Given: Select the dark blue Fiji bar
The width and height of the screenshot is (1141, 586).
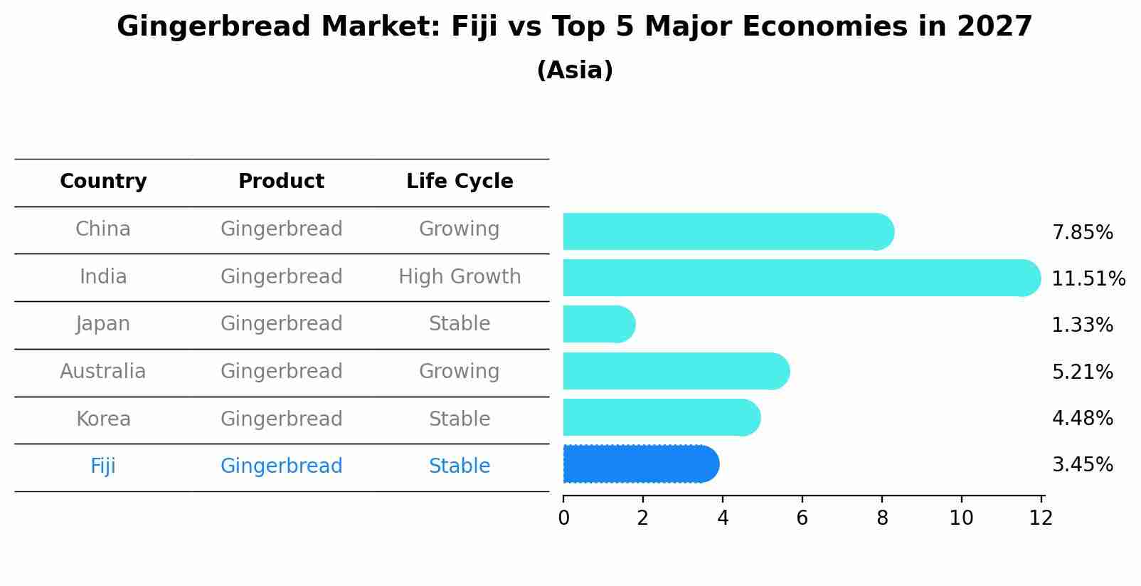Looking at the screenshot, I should tap(640, 464).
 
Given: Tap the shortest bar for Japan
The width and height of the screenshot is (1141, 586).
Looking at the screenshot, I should tap(598, 324).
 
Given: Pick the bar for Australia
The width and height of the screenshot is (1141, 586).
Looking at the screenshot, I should tap(676, 371).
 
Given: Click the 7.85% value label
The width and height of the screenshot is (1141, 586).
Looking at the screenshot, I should tap(1082, 233).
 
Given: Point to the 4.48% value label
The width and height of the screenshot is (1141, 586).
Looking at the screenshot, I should tap(1082, 418).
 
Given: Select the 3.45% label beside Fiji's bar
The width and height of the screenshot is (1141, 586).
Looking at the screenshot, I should tap(1082, 465).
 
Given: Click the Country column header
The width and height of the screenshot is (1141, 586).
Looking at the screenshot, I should tap(103, 182).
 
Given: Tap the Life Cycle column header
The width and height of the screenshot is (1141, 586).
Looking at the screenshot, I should tap(460, 182).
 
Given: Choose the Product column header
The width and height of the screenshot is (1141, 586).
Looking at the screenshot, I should tap(281, 182).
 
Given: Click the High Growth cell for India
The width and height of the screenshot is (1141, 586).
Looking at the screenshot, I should tap(460, 276).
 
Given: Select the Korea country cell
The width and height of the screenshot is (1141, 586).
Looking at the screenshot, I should tap(103, 419).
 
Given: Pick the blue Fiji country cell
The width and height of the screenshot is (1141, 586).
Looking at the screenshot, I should tap(103, 466).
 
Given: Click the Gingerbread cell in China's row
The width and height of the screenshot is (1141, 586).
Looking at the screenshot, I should tap(281, 229).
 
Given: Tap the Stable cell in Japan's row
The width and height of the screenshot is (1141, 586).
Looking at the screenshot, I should tap(460, 324).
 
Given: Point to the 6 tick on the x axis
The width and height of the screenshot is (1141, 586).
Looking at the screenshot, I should tap(802, 518).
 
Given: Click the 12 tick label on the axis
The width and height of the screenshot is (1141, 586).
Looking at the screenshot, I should tap(1041, 518).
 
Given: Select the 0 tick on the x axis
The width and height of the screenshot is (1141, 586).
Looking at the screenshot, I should tap(563, 518).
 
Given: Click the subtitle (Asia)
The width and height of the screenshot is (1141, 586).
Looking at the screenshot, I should tap(575, 70).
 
